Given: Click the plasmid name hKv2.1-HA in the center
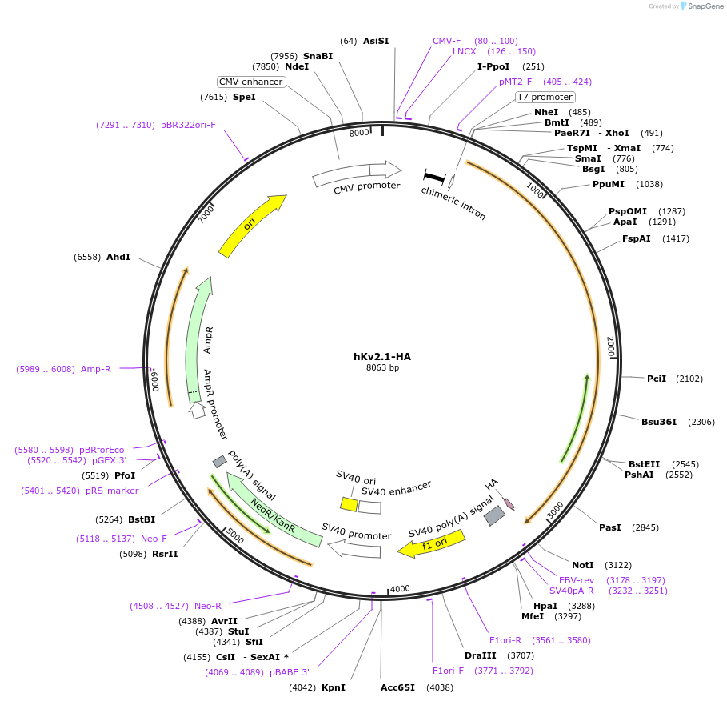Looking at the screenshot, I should click(x=382, y=356).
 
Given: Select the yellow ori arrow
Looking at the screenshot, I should click(x=251, y=226).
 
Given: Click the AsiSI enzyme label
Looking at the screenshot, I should click(x=376, y=41).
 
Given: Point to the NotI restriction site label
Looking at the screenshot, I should click(x=583, y=565).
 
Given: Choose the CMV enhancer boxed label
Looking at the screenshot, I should click(x=251, y=82).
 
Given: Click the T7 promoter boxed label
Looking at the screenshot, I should click(x=544, y=97).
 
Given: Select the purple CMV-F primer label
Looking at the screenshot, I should click(x=447, y=41).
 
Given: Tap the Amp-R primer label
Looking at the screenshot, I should click(x=96, y=369).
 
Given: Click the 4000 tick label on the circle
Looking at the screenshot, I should click(x=400, y=589).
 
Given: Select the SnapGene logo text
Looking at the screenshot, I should click(x=704, y=6).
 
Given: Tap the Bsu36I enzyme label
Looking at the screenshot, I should click(x=659, y=422).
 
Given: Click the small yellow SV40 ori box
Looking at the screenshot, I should click(x=349, y=504).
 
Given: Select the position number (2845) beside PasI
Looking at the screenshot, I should click(x=645, y=527).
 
